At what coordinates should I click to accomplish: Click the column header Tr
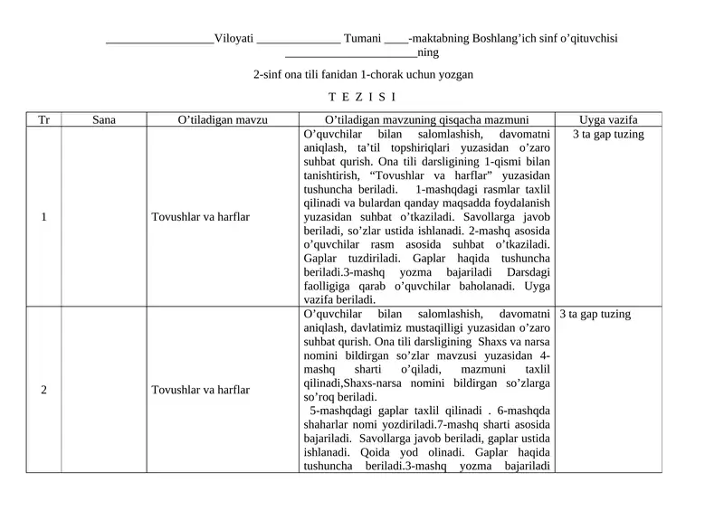[x=43, y=119]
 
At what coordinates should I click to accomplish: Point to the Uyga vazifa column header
[x=608, y=119]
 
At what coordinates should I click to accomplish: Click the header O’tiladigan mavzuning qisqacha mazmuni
[x=425, y=119]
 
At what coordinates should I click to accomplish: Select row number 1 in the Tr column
[x=43, y=217]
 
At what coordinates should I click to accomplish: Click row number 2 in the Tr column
[x=43, y=390]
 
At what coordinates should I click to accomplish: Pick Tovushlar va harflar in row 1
[x=201, y=217]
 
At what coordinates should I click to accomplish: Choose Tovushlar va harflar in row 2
[x=201, y=390]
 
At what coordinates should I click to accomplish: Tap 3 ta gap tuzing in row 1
[x=608, y=135]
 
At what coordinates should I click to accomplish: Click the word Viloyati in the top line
[x=233, y=40]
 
